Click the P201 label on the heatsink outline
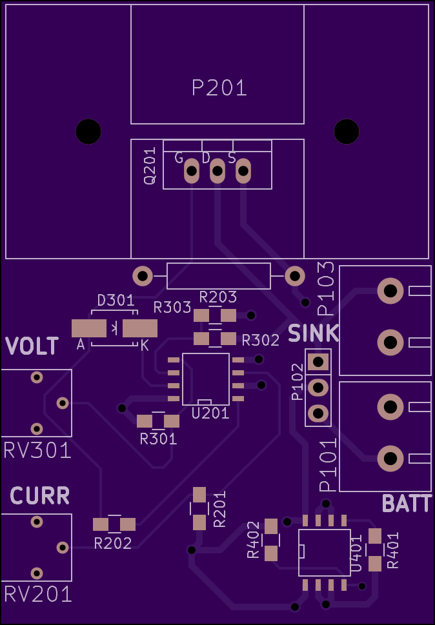[x=219, y=88]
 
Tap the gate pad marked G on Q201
[x=192, y=171]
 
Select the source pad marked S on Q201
[x=243, y=171]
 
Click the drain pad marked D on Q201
[x=217, y=171]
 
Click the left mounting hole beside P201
[x=88, y=132]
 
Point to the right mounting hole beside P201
[x=347, y=132]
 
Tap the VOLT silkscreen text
[x=32, y=346]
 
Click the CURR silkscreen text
[x=40, y=496]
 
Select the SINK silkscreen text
[x=314, y=333]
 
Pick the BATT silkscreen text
[x=407, y=504]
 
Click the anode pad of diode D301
[x=89, y=328]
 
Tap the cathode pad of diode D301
[x=140, y=328]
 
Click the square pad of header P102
[x=318, y=362]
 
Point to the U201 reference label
[x=210, y=413]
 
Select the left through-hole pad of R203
[x=143, y=276]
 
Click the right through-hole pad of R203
[x=295, y=276]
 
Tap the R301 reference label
[x=158, y=439]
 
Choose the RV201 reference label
[x=38, y=595]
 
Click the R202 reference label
[x=113, y=543]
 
